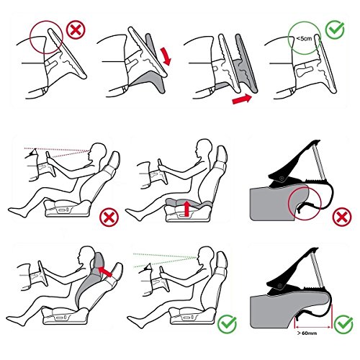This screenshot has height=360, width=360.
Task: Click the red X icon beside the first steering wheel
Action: click(x=76, y=30)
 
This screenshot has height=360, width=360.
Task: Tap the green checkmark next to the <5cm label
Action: click(x=335, y=30)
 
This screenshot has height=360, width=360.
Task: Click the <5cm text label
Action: click(x=304, y=38)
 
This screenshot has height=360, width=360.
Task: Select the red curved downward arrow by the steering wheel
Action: click(x=166, y=57)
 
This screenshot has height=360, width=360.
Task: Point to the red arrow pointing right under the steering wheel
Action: click(x=242, y=99)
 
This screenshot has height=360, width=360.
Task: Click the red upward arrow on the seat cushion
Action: click(x=186, y=208)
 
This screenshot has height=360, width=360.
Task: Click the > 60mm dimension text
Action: click(x=307, y=333)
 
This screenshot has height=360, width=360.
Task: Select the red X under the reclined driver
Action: click(x=109, y=217)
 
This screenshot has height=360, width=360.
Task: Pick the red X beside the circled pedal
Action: click(x=342, y=217)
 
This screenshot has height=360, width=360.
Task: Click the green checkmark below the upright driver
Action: click(x=227, y=324)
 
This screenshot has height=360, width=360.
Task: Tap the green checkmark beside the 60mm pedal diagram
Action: click(x=343, y=324)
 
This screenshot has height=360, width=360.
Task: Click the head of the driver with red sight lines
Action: click(x=99, y=152)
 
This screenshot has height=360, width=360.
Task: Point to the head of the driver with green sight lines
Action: click(x=206, y=256)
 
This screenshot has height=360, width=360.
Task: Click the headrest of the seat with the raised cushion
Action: click(x=222, y=154)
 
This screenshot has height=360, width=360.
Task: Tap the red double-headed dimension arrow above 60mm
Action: click(x=312, y=327)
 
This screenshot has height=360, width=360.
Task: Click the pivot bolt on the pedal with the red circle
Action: click(x=282, y=179)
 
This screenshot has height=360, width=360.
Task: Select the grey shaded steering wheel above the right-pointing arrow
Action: click(x=246, y=63)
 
